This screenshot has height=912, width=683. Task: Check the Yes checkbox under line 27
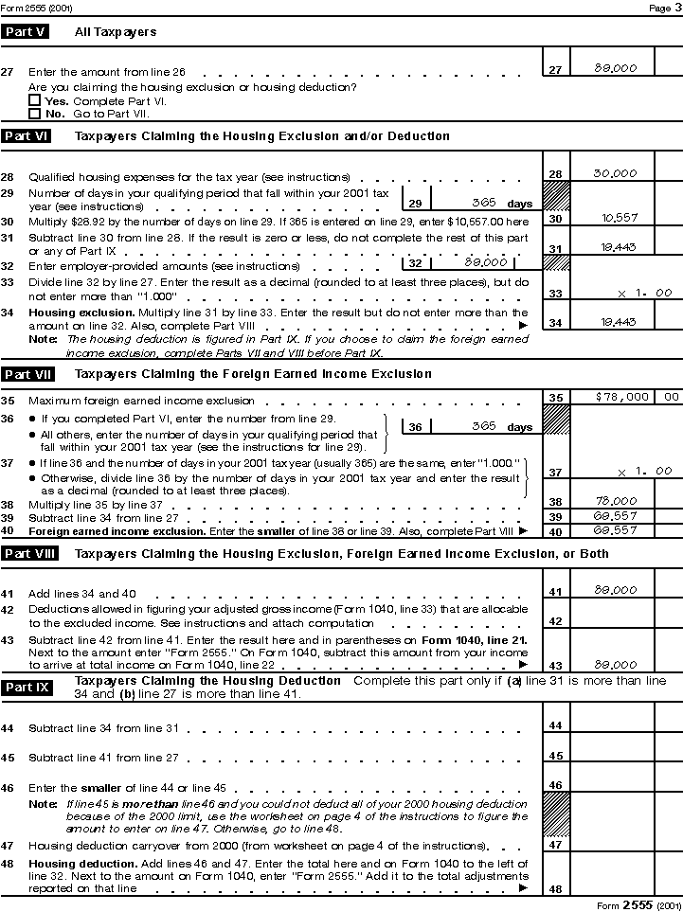(x=34, y=100)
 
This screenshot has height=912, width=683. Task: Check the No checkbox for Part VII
(x=34, y=113)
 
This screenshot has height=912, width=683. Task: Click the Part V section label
(x=26, y=32)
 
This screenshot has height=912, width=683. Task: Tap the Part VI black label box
(x=26, y=136)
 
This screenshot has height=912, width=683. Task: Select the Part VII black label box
(x=27, y=374)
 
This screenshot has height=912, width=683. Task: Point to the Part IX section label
(x=27, y=687)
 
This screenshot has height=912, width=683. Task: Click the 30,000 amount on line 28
(x=615, y=173)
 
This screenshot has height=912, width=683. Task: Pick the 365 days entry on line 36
(x=484, y=426)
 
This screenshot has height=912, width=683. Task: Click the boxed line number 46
(x=556, y=785)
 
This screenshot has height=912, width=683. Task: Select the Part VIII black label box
(x=28, y=554)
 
